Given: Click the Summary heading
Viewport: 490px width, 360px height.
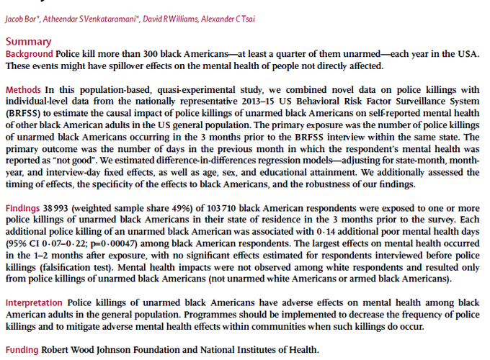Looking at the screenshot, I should (28, 42).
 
